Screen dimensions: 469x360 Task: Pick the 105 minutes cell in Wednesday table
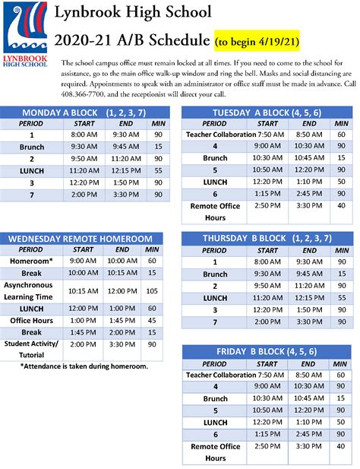click(x=152, y=291)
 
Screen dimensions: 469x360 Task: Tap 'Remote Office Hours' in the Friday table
click(x=216, y=452)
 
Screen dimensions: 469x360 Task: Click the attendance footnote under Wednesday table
click(x=84, y=366)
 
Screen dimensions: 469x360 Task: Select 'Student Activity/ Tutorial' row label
click(x=32, y=350)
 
